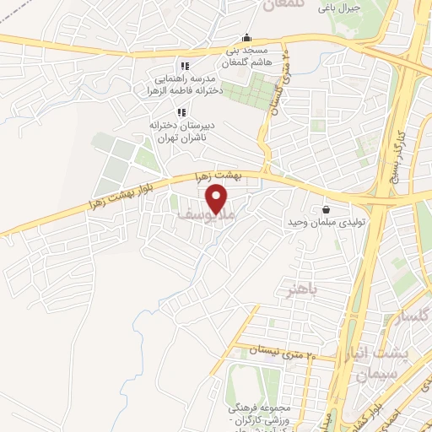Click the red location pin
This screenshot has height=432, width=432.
217,199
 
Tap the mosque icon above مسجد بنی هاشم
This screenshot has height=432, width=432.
246,37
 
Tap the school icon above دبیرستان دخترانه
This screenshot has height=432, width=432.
180,112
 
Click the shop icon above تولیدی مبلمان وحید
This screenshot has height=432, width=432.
325,209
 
